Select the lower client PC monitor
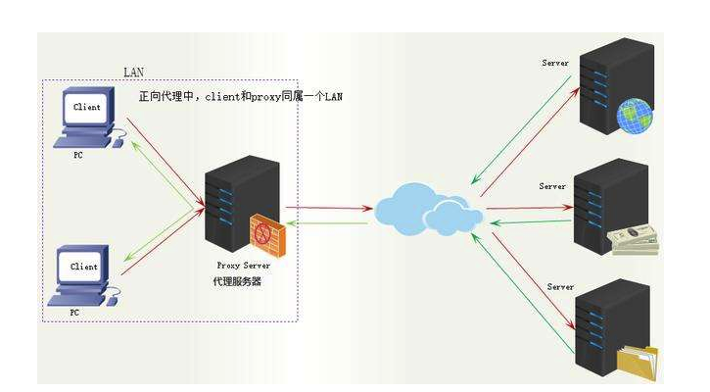tap(84, 267)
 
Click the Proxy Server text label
tap(243, 266)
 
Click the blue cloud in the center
tap(427, 207)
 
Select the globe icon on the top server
tap(635, 115)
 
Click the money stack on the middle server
tap(633, 241)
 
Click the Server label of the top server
tap(555, 64)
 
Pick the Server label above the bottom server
tap(560, 287)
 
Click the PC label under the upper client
tap(77, 155)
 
